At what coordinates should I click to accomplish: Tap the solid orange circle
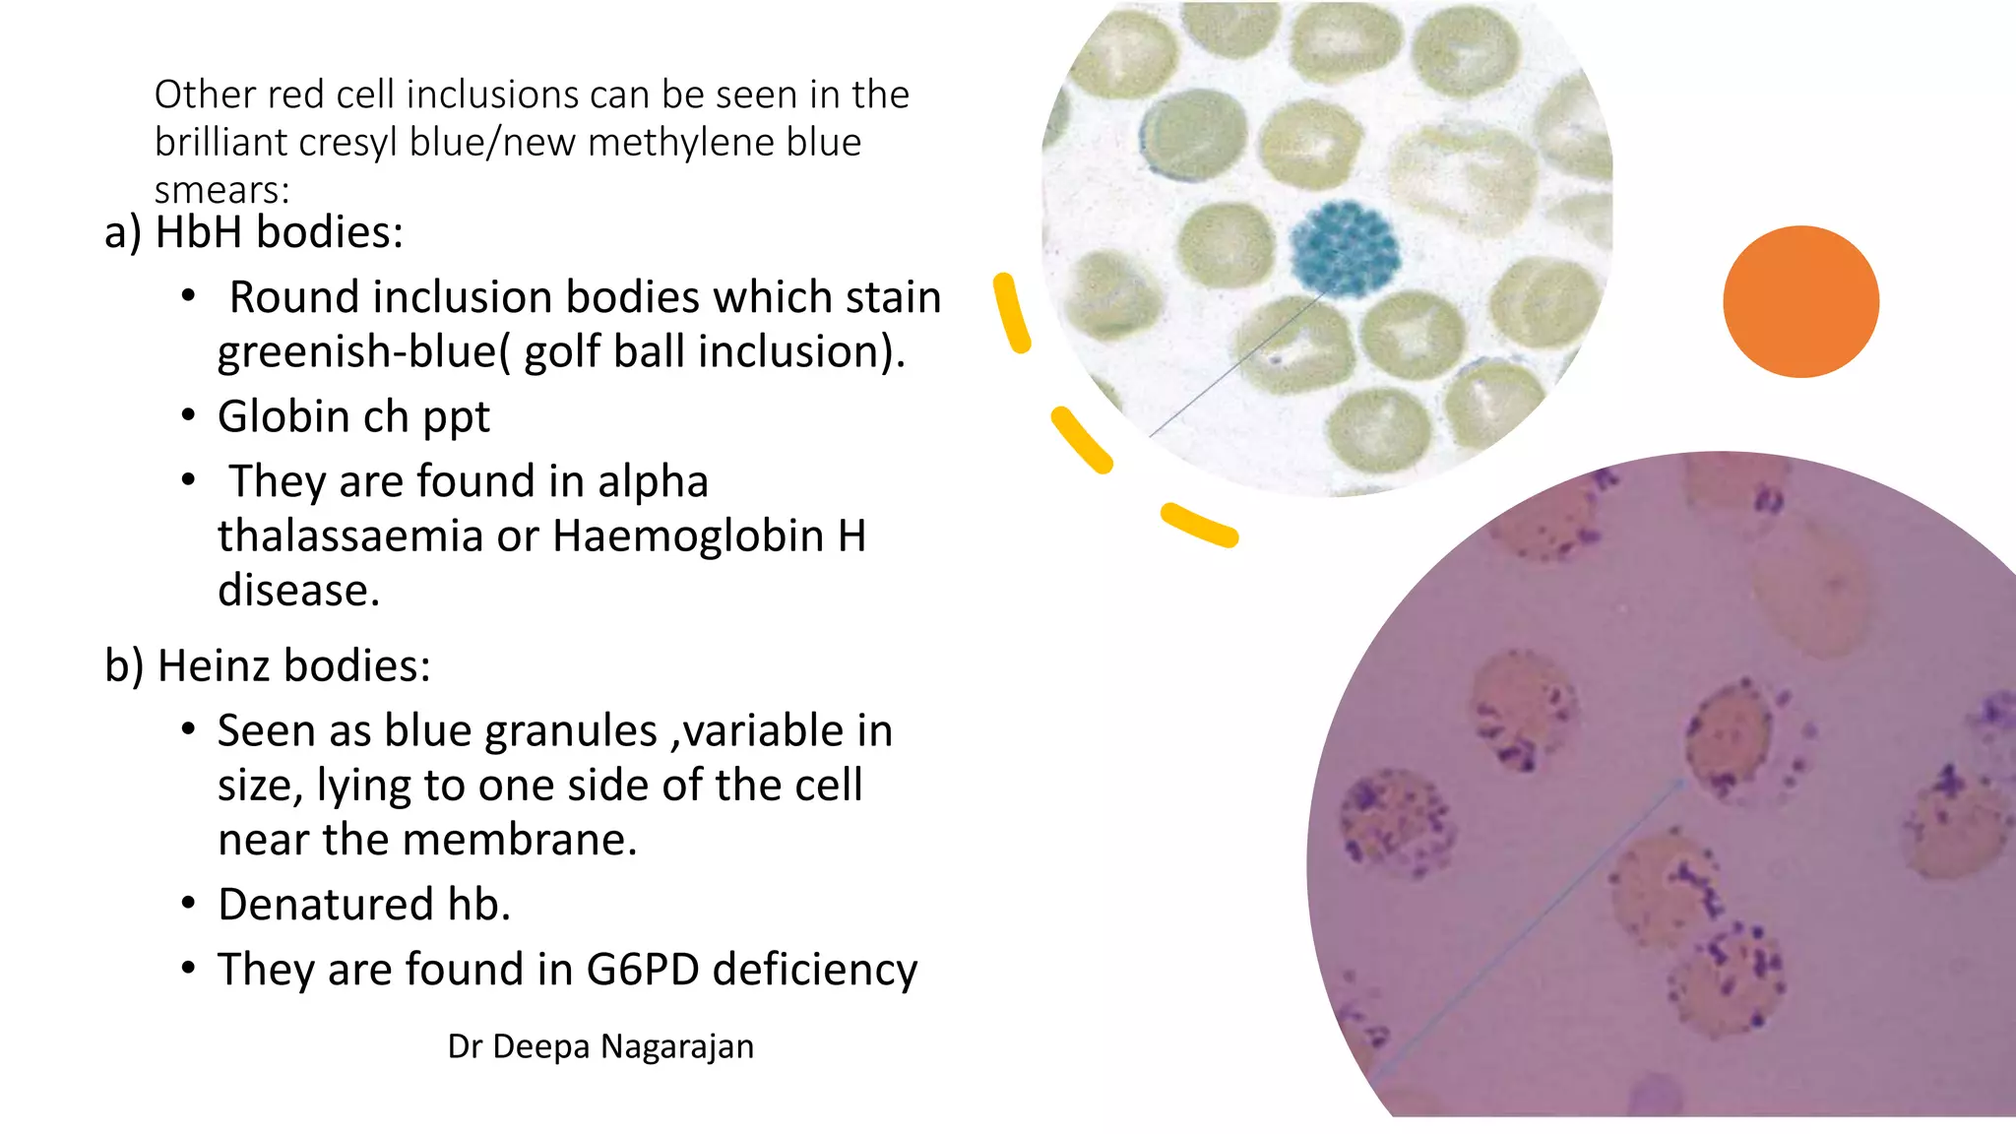(1800, 301)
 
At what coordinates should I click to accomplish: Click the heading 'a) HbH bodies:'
(254, 232)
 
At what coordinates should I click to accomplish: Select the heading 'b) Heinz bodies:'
(268, 665)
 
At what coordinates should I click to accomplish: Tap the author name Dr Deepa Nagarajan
(600, 1046)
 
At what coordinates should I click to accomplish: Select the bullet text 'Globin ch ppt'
(352, 416)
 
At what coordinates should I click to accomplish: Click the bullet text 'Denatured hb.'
(364, 905)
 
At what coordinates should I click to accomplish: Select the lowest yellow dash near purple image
(1198, 525)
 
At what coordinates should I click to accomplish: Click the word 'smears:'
(221, 189)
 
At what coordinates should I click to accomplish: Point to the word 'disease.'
(298, 591)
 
